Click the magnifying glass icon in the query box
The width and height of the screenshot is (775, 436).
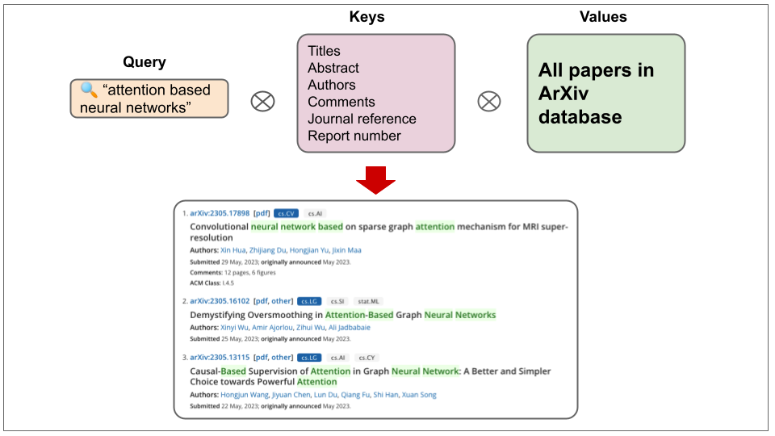pyautogui.click(x=87, y=90)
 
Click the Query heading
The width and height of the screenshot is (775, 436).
pyautogui.click(x=145, y=62)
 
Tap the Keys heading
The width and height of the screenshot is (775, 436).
pyautogui.click(x=367, y=17)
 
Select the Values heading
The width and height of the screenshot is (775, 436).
pyautogui.click(x=602, y=17)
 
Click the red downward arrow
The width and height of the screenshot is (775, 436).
pyautogui.click(x=375, y=179)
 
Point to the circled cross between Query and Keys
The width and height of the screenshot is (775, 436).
pyautogui.click(x=262, y=102)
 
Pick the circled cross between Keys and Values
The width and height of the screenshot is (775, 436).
pyautogui.click(x=489, y=102)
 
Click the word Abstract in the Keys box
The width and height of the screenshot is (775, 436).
pyautogui.click(x=333, y=68)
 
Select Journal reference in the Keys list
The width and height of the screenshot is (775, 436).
pyautogui.click(x=362, y=119)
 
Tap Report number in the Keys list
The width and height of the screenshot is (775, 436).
pyautogui.click(x=354, y=136)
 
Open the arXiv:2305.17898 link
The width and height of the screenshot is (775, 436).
pyautogui.click(x=219, y=213)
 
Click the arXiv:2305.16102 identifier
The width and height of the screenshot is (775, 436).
pyautogui.click(x=219, y=301)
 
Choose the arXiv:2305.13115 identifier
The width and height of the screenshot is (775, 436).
pyautogui.click(x=219, y=358)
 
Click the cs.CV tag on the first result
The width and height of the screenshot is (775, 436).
pyautogui.click(x=286, y=213)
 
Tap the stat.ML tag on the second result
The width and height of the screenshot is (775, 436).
pyautogui.click(x=367, y=301)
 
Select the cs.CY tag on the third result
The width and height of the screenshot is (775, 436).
pyautogui.click(x=367, y=358)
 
